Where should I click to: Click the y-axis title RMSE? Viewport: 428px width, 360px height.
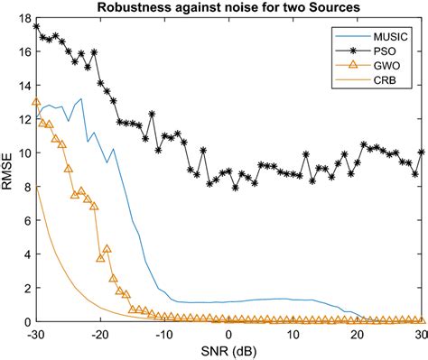point(9,170)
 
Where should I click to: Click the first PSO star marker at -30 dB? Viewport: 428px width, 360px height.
point(36,26)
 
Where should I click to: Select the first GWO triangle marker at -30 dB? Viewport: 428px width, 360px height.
point(36,101)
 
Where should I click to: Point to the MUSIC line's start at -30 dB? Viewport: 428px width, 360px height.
point(36,118)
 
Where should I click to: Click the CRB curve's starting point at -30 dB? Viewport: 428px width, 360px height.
point(36,188)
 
